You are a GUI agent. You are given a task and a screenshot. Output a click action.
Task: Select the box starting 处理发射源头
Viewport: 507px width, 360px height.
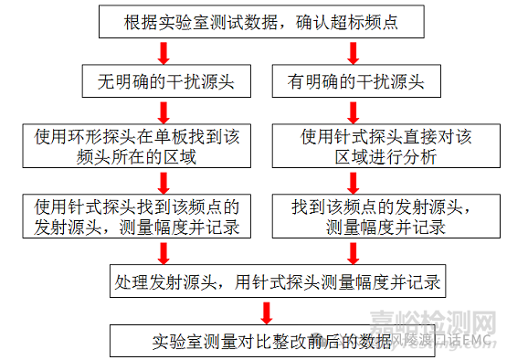coord(275,281)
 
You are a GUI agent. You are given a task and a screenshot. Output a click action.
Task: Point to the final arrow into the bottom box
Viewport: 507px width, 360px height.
coord(266,311)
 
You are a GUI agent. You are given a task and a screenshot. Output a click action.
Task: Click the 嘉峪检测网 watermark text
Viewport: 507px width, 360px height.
coord(434,320)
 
